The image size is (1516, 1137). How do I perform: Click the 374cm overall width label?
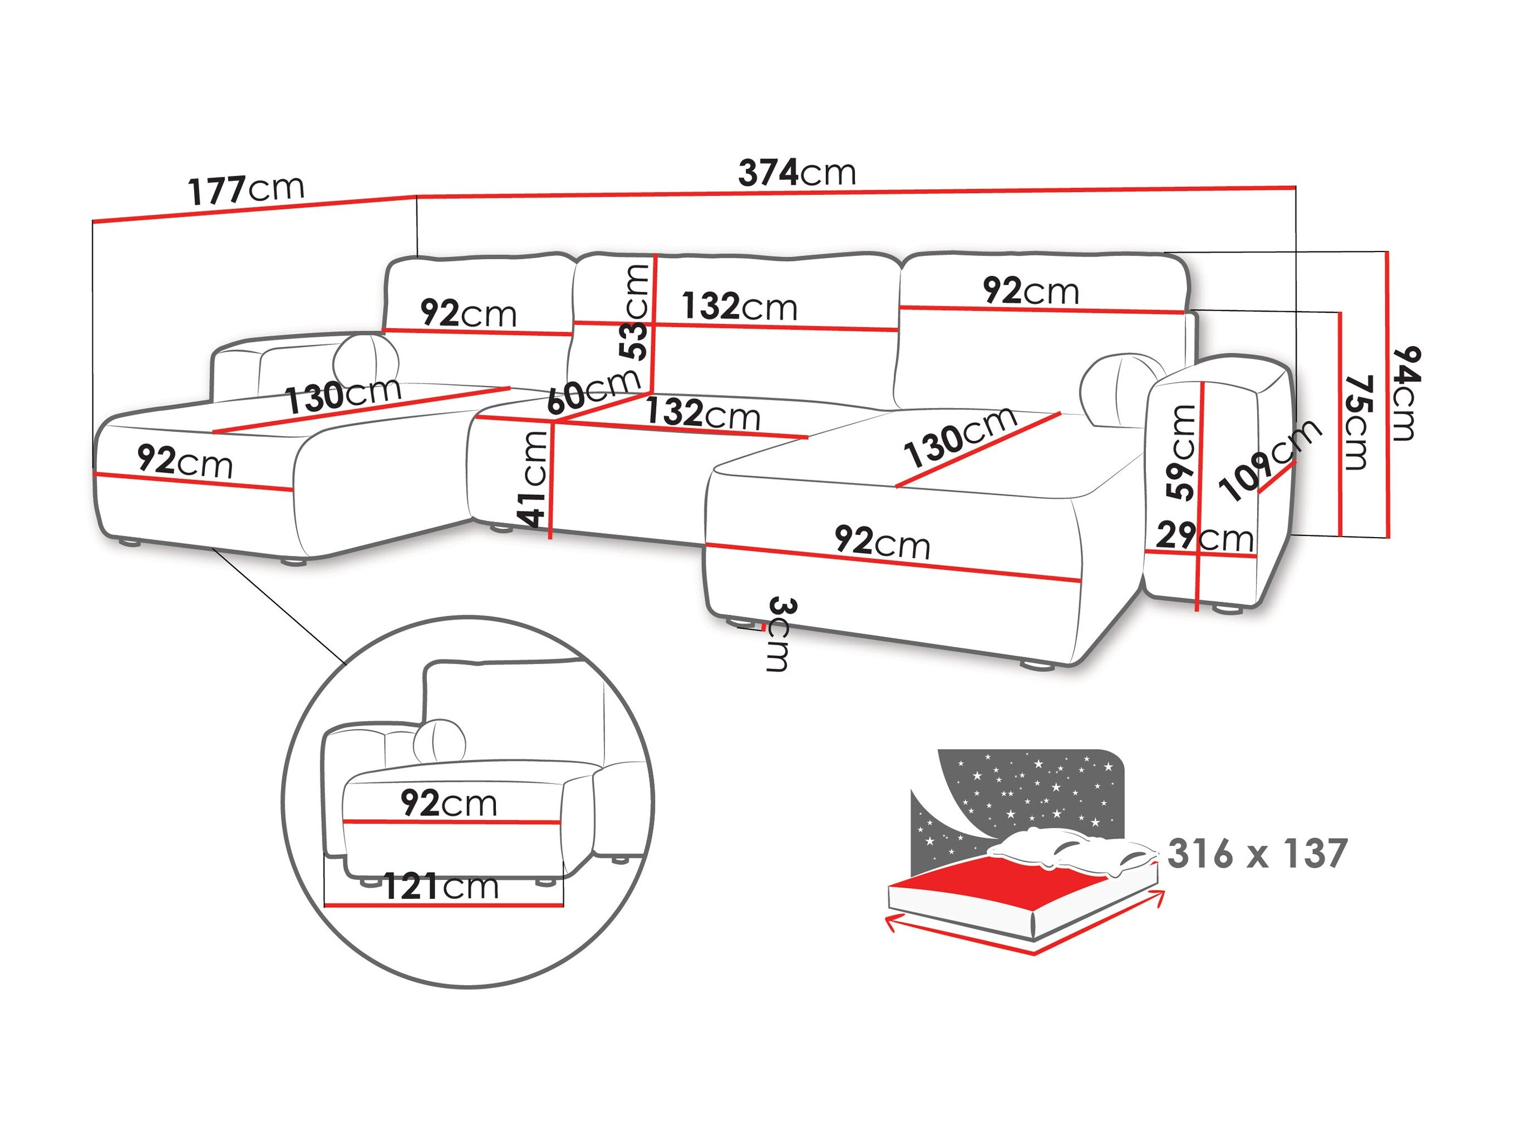[x=797, y=173]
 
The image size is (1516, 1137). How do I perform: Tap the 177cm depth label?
[x=246, y=190]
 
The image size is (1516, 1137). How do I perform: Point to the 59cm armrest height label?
[x=1181, y=452]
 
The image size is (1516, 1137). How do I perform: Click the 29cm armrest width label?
[x=1204, y=537]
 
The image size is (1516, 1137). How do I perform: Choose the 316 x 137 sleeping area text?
[x=1257, y=854]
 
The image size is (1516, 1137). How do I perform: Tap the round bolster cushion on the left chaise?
[x=366, y=356]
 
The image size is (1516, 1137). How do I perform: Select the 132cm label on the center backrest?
[x=740, y=306]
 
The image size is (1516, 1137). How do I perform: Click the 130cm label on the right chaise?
[x=959, y=435]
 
